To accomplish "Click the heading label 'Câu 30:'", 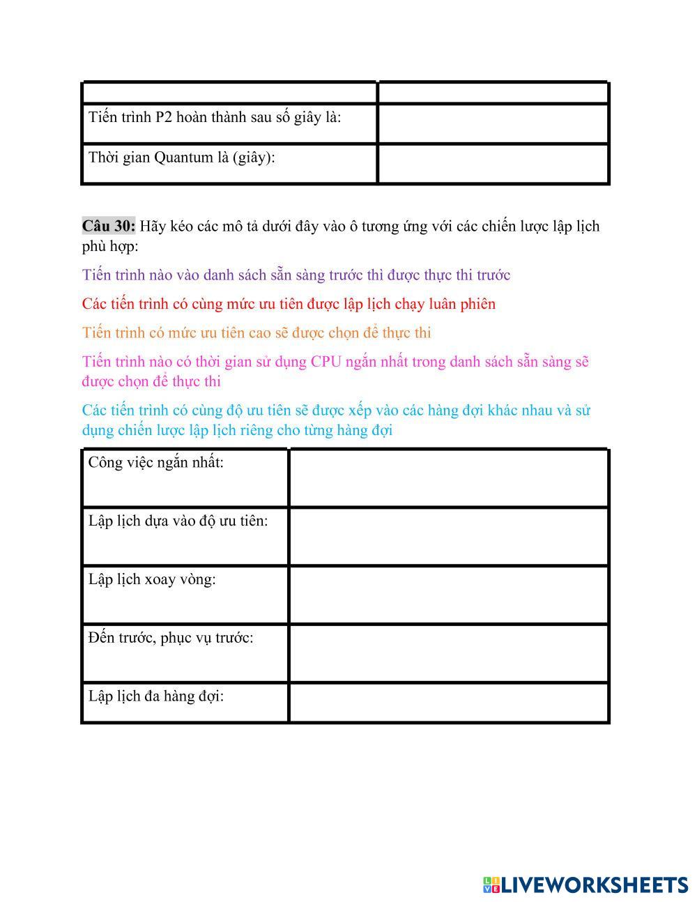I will click(x=108, y=226).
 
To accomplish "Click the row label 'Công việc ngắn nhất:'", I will click(x=156, y=462).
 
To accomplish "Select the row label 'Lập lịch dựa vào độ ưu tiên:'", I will click(x=178, y=521).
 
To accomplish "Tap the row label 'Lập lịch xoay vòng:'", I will click(x=152, y=579).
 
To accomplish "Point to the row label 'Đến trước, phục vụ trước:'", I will click(x=171, y=638).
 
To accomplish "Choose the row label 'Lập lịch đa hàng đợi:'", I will click(x=156, y=696).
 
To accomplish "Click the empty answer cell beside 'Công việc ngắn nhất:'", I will click(x=448, y=477).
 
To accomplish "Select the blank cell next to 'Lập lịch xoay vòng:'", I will click(x=448, y=595).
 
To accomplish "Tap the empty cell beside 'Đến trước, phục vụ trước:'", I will click(x=448, y=653).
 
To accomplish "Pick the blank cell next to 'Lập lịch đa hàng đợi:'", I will click(x=448, y=703).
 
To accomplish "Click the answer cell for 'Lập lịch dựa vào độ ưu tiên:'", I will click(x=448, y=536).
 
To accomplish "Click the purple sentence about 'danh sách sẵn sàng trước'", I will click(x=296, y=275).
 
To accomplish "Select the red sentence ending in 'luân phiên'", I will click(x=289, y=304).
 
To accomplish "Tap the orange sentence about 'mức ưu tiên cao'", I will click(x=256, y=332).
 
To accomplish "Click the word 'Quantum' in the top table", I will click(x=183, y=158).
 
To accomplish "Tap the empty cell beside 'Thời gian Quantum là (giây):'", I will click(x=493, y=164).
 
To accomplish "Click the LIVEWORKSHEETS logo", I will click(x=585, y=885).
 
